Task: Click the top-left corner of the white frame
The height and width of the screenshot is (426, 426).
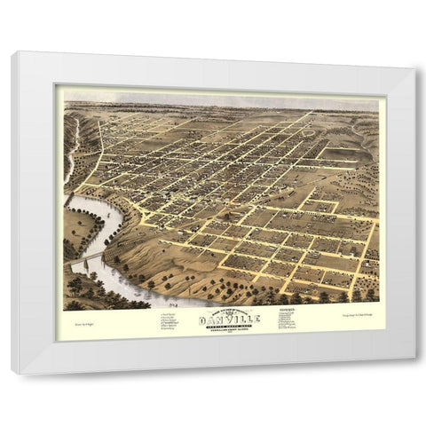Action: [x=12, y=53]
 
